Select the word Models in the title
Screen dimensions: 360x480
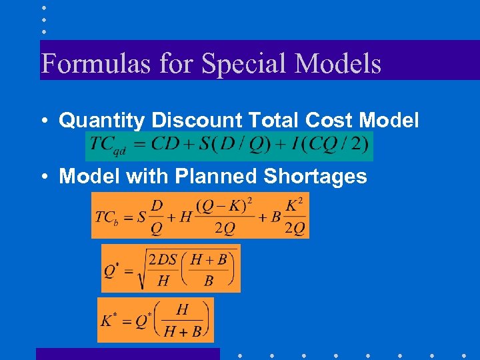point(338,64)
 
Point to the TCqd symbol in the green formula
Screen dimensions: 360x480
point(107,145)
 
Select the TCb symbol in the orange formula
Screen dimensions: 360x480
point(107,217)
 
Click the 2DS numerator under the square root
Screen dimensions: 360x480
point(163,259)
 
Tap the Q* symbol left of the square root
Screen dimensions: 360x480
point(111,271)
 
